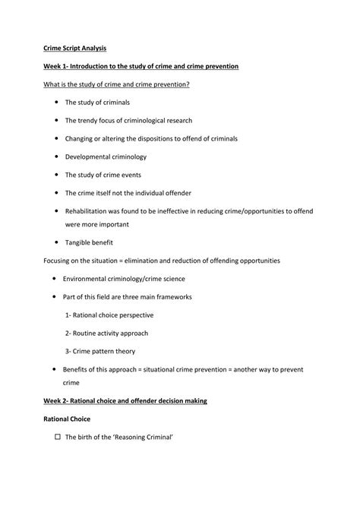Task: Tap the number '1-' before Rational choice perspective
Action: (69, 315)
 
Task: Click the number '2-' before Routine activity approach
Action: (69, 333)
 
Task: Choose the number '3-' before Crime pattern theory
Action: (69, 351)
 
